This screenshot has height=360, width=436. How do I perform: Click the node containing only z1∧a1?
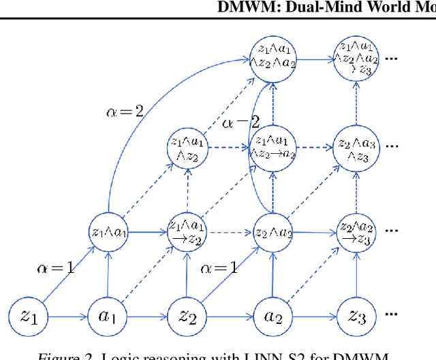tap(107, 231)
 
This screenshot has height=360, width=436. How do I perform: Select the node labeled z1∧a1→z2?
tap(187, 231)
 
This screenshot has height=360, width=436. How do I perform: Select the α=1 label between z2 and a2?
tap(219, 267)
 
